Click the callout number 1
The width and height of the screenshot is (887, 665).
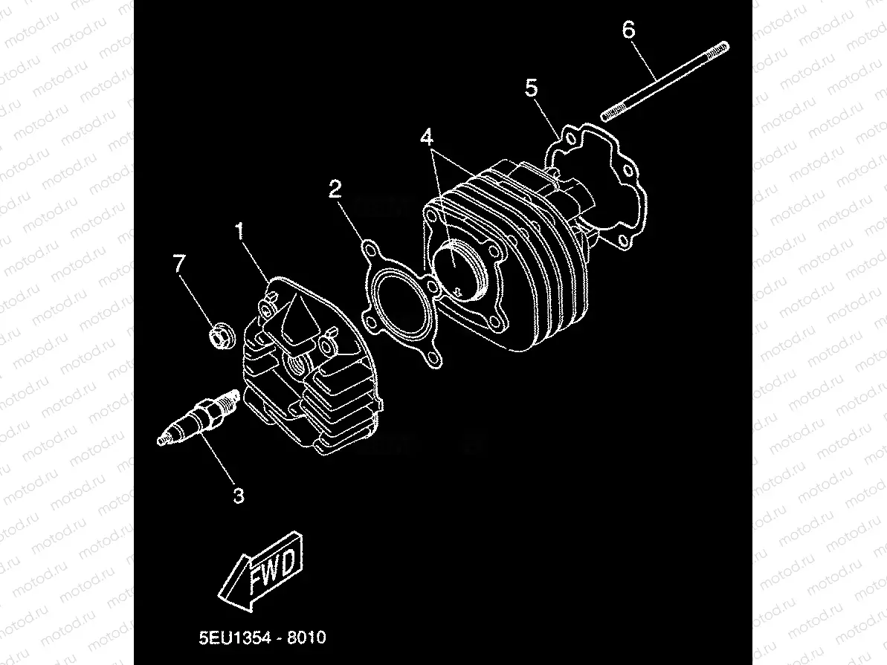240,232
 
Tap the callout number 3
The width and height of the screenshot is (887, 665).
238,495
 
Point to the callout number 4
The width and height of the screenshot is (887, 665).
426,138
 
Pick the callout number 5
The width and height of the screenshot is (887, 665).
531,88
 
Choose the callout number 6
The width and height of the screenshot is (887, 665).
628,30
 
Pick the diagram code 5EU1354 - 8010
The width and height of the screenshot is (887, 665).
262,638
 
